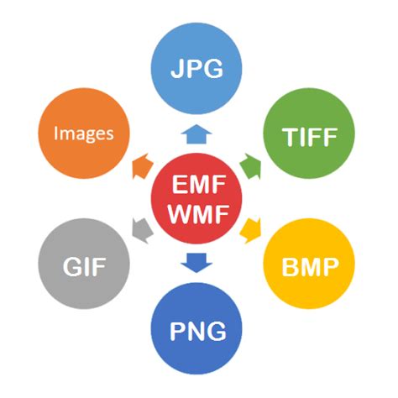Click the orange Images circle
pos(84,134)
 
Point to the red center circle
pos(198,198)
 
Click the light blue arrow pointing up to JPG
pos(198,133)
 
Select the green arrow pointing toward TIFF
pos(250,164)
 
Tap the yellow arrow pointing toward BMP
pos(250,228)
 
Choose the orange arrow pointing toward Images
pos(141,164)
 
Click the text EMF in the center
pos(198,184)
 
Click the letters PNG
pos(198,331)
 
